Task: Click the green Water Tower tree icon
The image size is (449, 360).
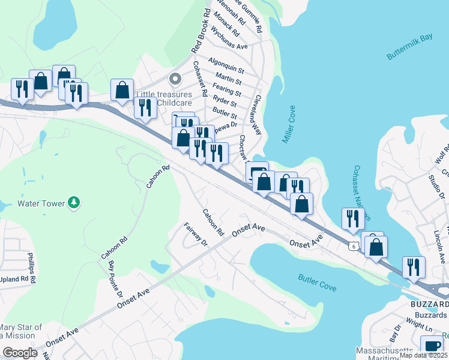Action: pyautogui.click(x=73, y=203)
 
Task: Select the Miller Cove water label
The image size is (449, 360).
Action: pyautogui.click(x=289, y=125)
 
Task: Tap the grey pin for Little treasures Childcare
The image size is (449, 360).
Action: pyautogui.click(x=175, y=79)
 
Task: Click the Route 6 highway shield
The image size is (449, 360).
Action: pyautogui.click(x=354, y=245)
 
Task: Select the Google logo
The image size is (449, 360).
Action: pyautogui.click(x=20, y=353)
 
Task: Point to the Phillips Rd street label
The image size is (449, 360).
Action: pyautogui.click(x=32, y=268)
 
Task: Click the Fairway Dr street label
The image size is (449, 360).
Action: pyautogui.click(x=196, y=235)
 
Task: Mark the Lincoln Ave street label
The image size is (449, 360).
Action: pyautogui.click(x=440, y=245)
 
